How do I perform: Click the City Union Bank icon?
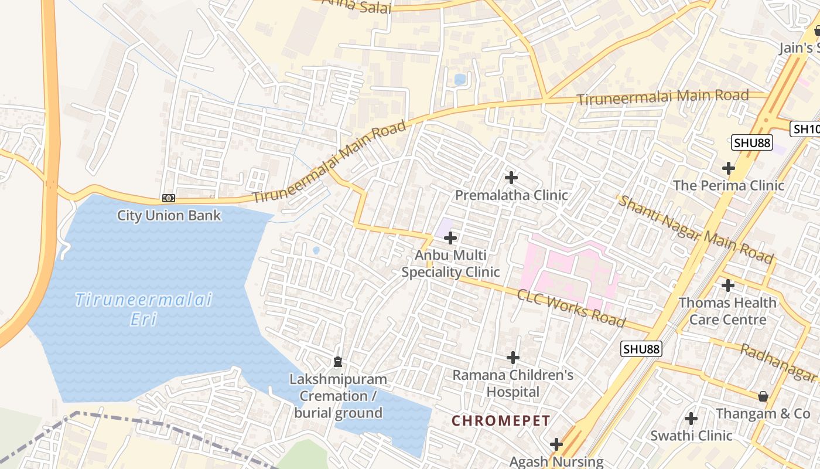[169, 199]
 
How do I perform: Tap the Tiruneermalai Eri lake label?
[143, 309]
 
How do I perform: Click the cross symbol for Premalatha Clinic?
[511, 177]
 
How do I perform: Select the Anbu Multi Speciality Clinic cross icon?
[450, 238]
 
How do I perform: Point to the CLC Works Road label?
[570, 308]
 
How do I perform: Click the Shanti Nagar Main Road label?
[696, 229]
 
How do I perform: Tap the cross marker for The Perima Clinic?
[729, 168]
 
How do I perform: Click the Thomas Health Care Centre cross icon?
[728, 286]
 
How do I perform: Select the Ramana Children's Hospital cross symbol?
[513, 358]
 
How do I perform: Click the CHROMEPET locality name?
[501, 421]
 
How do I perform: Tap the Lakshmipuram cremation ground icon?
[337, 362]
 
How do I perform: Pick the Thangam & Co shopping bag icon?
[763, 397]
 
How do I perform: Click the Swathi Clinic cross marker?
[691, 419]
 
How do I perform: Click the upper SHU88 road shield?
[752, 142]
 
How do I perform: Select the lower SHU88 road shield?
[641, 349]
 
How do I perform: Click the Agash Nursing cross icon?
[556, 444]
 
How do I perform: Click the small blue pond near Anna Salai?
[460, 79]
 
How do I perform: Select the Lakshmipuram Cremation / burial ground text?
[338, 396]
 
